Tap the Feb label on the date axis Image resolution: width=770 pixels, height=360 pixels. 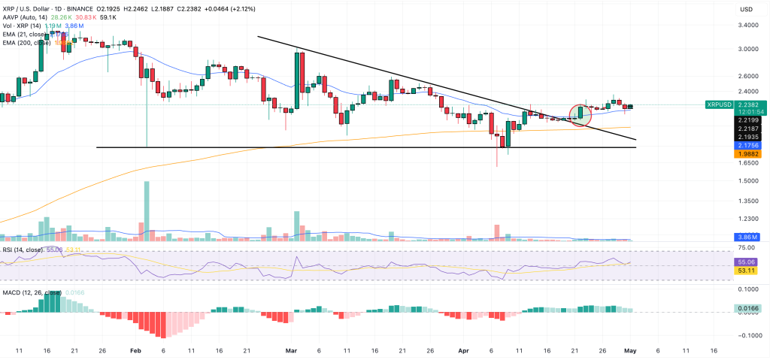coord(135,349)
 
